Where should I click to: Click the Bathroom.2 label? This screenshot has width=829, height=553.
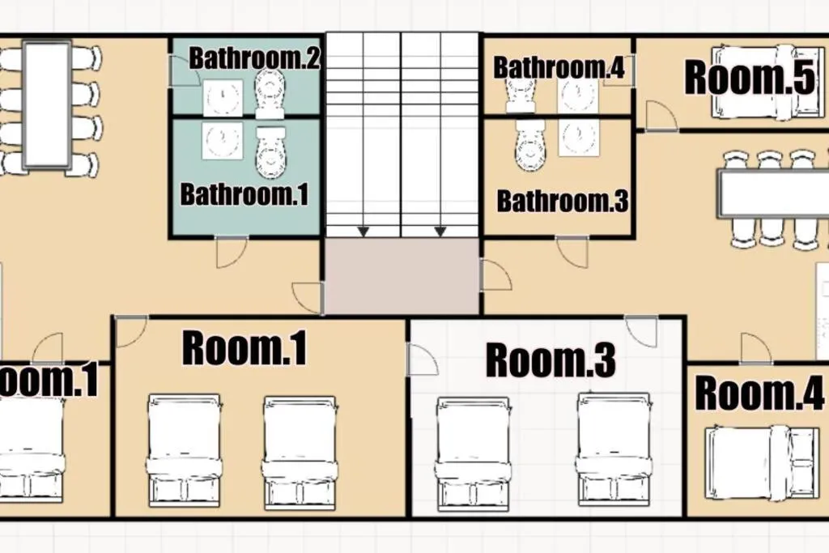(254, 58)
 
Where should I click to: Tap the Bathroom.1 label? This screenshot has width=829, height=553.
(244, 194)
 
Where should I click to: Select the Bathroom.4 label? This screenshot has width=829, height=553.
(559, 68)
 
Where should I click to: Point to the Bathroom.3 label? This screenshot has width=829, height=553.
(563, 201)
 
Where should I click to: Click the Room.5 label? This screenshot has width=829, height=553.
(750, 77)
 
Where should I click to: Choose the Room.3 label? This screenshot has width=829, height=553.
(551, 360)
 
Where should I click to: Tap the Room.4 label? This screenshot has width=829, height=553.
(759, 393)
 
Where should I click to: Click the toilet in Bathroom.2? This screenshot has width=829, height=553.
(270, 96)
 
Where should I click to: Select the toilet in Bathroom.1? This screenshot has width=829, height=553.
(270, 152)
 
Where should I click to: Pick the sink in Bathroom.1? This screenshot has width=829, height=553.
(223, 141)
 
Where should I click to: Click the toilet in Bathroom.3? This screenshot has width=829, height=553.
(529, 145)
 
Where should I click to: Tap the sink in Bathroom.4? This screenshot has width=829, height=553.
(578, 96)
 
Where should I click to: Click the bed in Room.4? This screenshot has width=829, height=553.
(760, 463)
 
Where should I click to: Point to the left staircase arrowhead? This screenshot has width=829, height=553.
(363, 232)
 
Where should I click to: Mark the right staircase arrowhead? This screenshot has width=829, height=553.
(440, 232)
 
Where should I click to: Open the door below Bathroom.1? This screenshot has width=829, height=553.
(232, 252)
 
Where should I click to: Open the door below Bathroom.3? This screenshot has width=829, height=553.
(572, 252)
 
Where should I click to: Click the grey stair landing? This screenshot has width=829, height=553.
(402, 276)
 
